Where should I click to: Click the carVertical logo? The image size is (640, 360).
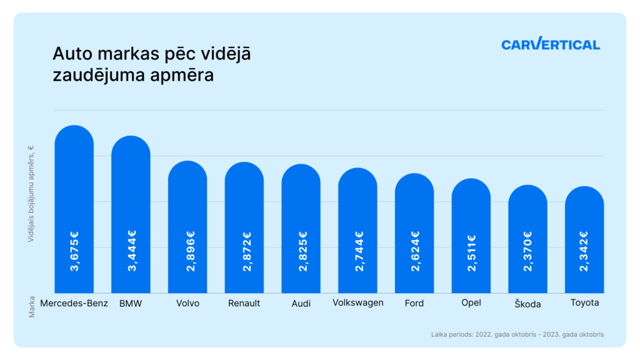point(550,44)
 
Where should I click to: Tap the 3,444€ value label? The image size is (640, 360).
point(131,251)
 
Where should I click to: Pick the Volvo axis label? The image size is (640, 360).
point(187,303)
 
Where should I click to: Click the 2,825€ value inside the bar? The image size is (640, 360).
point(301,251)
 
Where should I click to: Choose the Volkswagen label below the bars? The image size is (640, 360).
point(357,303)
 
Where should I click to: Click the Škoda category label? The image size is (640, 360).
point(528,304)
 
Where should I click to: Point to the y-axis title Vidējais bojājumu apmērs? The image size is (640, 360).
point(31,193)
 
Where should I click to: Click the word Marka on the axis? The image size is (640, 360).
point(31,306)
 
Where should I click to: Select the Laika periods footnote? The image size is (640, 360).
point(517,334)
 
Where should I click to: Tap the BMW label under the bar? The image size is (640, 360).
point(131,303)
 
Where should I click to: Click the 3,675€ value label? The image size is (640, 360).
point(74,251)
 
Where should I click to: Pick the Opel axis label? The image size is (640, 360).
point(471,303)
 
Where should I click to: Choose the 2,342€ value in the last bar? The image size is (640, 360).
point(584,251)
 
